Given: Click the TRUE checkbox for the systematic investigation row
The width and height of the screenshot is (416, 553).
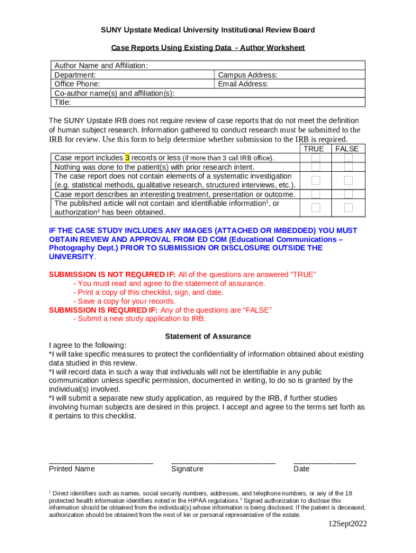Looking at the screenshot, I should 316,180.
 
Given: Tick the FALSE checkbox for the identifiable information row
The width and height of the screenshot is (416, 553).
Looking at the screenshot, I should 348,207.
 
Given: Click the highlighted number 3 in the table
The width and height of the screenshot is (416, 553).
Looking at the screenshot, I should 127,158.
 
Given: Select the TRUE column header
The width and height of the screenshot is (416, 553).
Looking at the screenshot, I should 314,149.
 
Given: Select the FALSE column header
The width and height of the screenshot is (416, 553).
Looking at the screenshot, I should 347,149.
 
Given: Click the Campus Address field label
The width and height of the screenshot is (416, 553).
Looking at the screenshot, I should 247,75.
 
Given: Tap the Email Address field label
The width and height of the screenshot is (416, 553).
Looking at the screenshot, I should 243,84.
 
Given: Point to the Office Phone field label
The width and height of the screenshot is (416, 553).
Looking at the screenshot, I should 77,84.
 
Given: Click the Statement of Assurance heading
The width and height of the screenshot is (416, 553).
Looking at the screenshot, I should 207,336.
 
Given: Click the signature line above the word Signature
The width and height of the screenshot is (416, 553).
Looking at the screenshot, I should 223,462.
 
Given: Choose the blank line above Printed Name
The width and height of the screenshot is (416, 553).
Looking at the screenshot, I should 101,462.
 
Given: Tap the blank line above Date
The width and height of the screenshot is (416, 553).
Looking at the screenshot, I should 325,462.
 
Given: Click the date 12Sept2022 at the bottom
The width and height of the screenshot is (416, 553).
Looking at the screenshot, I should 348,524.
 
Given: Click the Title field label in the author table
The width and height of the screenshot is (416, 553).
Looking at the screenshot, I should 63,102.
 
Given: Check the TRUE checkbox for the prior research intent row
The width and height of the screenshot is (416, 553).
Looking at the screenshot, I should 316,167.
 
